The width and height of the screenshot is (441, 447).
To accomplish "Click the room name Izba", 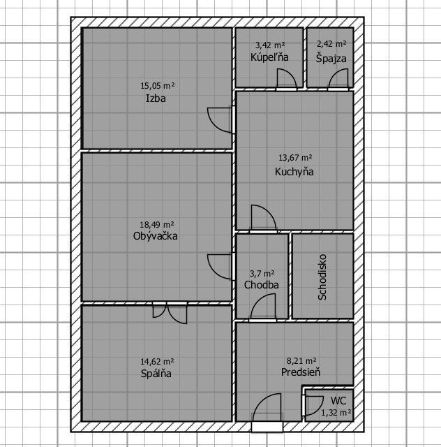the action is pos(156,98).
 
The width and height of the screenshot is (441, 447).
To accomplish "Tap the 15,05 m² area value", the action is pos(157,85).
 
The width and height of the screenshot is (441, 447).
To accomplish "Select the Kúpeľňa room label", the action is pos(269,57).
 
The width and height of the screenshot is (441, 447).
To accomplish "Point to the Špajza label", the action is pos(331,58).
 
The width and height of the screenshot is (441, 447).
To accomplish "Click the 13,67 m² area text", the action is pos(295,157).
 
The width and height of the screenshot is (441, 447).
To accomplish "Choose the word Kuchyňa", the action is pos(294,172).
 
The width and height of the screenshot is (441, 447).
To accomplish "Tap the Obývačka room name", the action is pos(156,236).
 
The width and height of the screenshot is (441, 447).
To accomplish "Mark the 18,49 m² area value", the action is pos(157,225).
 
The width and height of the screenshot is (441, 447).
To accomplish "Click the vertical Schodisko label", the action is pos(322,277).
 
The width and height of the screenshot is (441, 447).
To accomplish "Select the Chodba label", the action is pos(261,285).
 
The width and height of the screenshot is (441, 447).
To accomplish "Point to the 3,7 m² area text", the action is pos(262,274).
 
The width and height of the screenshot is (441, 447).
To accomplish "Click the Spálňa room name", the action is pos(156,374).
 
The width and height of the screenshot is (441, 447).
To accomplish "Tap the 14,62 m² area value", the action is pos(157,362).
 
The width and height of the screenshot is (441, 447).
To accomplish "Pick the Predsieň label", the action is pos(301,372).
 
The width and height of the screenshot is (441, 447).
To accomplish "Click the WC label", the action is pos(338,400).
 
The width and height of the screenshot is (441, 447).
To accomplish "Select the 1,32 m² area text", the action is pos(336,413).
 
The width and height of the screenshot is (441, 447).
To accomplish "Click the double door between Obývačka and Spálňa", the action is pos(170,312).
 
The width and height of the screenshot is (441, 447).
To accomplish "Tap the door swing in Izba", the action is pos(220,120).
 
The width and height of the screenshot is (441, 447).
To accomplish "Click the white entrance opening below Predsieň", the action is pos(267,427).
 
